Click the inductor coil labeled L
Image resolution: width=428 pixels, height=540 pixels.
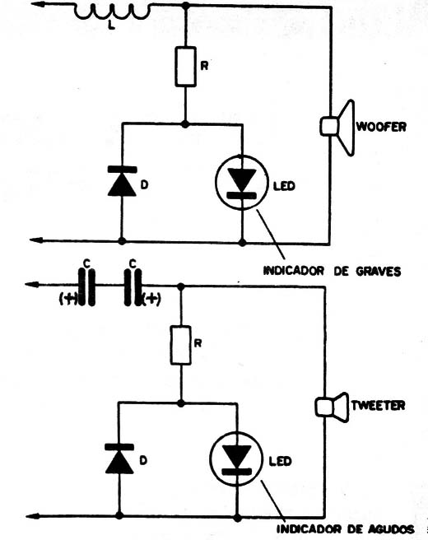tap(112, 12)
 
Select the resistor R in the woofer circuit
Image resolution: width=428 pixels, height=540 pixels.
tap(184, 67)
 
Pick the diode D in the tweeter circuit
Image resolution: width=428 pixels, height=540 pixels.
tap(119, 458)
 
